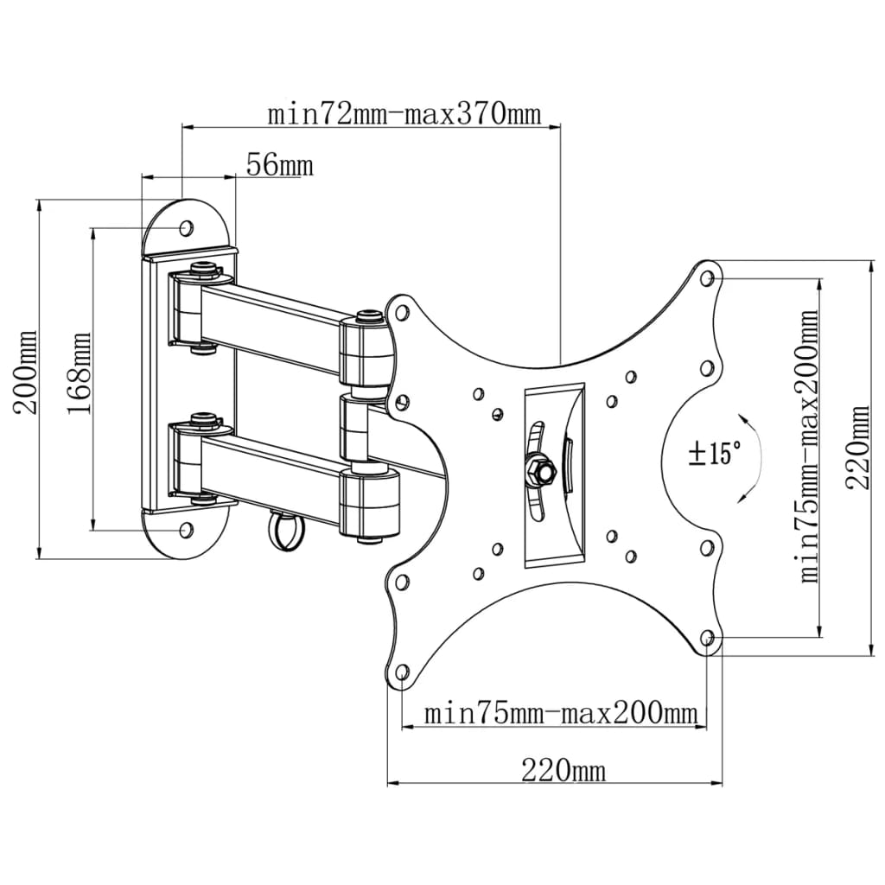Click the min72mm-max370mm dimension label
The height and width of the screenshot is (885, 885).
(403, 114)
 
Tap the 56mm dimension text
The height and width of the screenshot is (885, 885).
(279, 164)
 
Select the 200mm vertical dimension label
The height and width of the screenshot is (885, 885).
(27, 372)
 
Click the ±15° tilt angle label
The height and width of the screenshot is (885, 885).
(715, 453)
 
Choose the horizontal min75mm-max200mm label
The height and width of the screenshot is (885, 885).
(560, 714)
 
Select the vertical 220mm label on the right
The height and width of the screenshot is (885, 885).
(859, 448)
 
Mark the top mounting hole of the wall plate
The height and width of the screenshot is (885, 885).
(186, 227)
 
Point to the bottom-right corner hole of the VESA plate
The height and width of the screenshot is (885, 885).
(708, 639)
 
